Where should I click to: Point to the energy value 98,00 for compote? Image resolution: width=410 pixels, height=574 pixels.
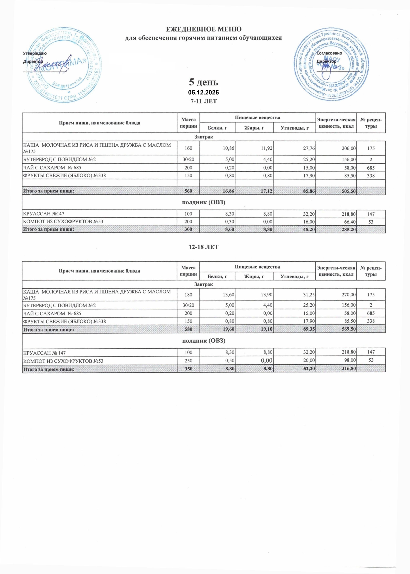coord(350,361)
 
